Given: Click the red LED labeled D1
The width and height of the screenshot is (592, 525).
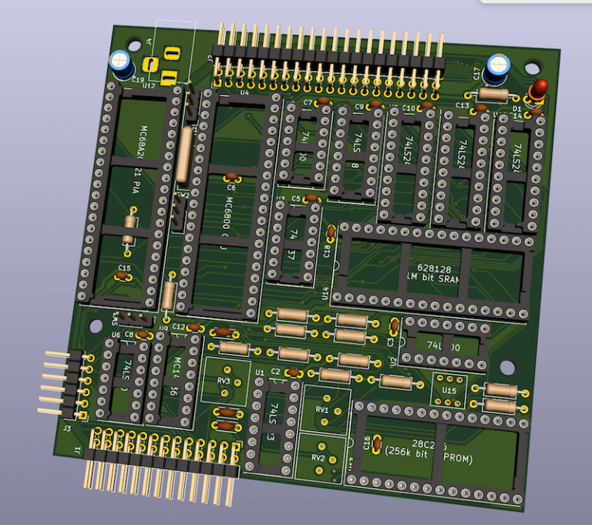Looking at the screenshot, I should click(x=538, y=86).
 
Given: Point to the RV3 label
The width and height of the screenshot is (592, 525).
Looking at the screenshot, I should click(x=224, y=381).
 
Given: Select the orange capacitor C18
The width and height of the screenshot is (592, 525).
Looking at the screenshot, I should click(x=331, y=231).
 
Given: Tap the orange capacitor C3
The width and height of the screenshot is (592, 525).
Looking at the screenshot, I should click(x=393, y=326).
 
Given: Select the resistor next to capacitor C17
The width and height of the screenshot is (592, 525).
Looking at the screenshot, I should click(x=493, y=94).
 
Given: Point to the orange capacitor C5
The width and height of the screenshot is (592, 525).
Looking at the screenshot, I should click(x=311, y=199).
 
